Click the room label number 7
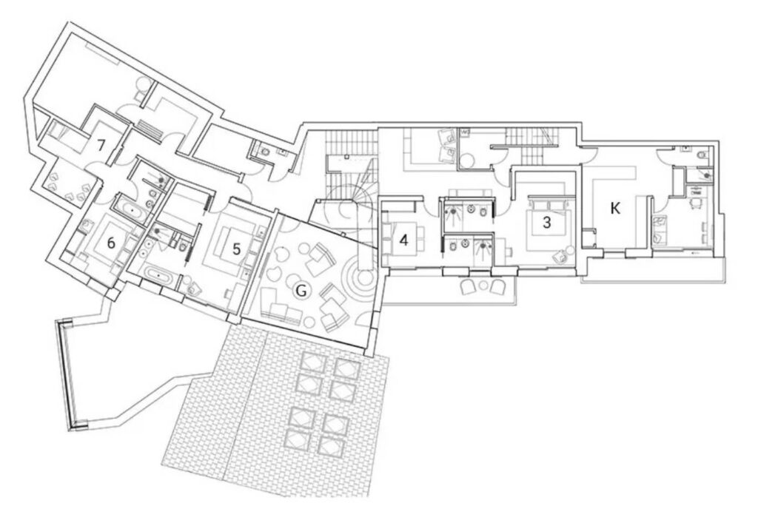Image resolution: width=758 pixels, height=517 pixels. click(x=100, y=145)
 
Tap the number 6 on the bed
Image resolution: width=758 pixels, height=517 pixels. click(x=111, y=243)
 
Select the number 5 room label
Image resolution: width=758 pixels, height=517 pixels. click(x=236, y=249)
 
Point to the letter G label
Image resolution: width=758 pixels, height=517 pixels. click(x=301, y=291)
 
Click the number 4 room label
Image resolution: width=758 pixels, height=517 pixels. click(x=404, y=240)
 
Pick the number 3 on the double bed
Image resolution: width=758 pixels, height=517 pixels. click(x=547, y=223)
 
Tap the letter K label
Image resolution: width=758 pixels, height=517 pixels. click(x=615, y=209)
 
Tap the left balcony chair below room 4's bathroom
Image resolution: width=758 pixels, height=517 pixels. click(x=469, y=288)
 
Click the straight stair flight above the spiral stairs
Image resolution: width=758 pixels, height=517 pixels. click(x=351, y=143)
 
